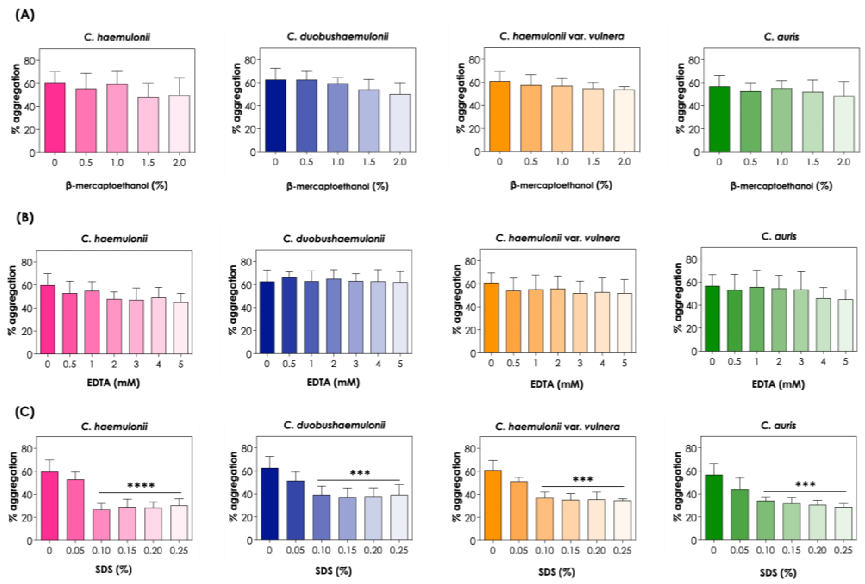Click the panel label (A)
point(25,15)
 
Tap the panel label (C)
point(25,412)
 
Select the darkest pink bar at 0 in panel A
point(55,117)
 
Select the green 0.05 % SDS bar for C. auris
point(739,515)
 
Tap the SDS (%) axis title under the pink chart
point(113,569)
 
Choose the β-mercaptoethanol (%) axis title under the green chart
point(781,186)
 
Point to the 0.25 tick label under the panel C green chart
point(843,550)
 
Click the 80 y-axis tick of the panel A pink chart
point(29,60)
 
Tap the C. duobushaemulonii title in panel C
point(334,425)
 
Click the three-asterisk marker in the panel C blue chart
point(360,473)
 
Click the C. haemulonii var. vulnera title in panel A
point(562,36)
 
